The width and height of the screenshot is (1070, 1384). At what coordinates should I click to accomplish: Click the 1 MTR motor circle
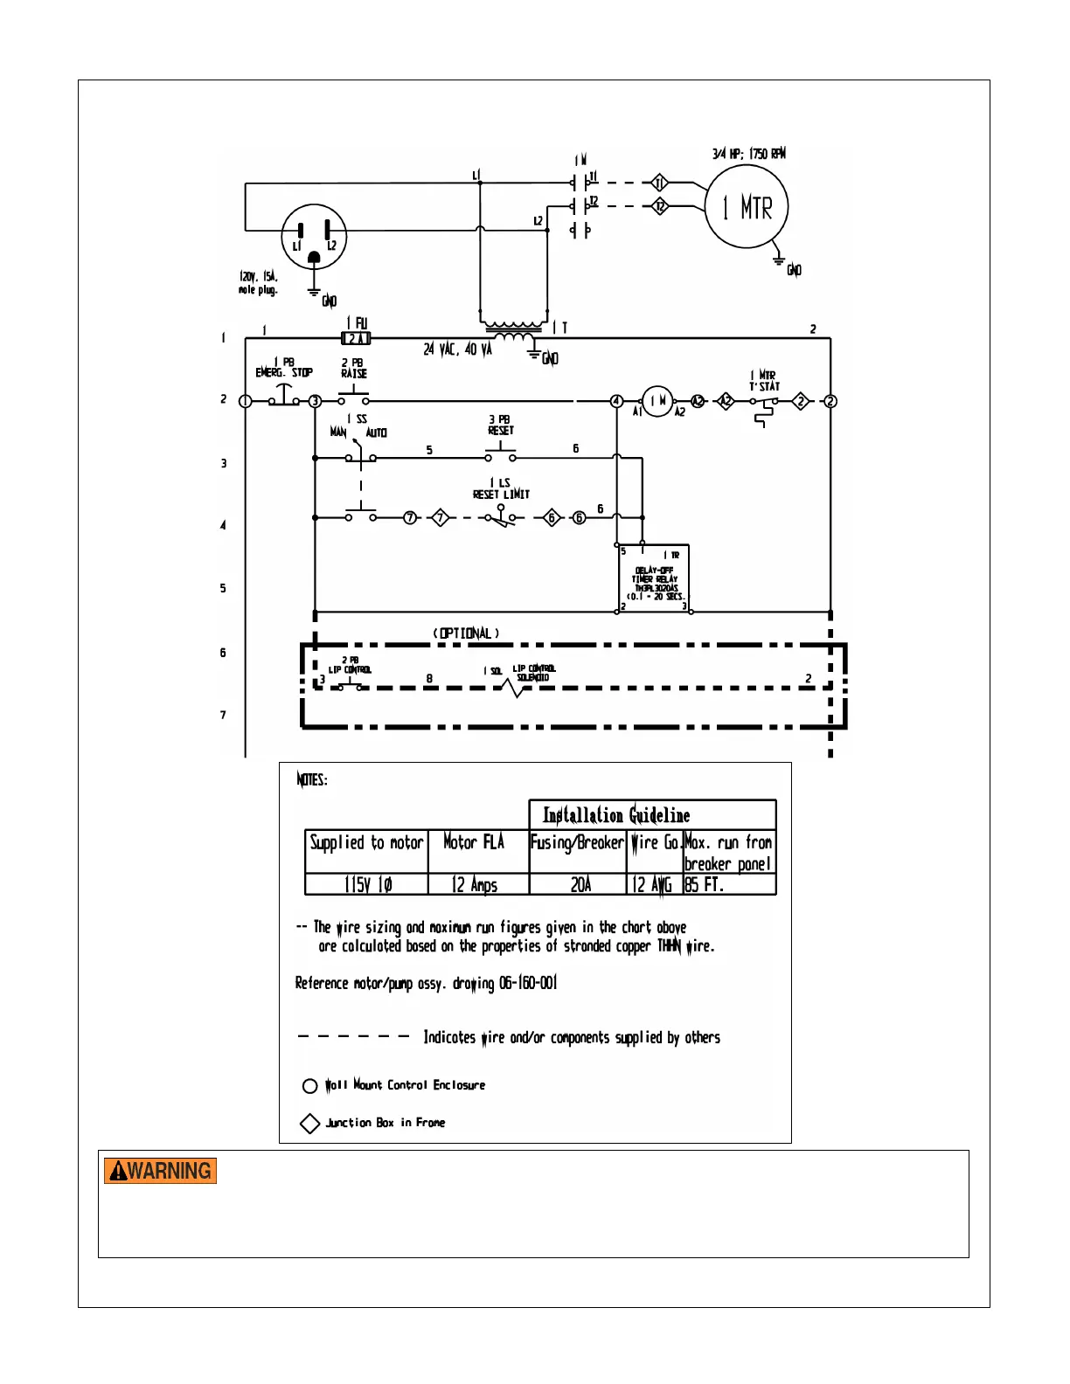point(746,207)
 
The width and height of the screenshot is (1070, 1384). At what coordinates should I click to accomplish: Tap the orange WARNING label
point(160,1171)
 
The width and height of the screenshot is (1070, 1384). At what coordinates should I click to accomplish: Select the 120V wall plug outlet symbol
point(314,238)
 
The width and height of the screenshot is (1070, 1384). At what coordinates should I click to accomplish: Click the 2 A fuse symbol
point(356,338)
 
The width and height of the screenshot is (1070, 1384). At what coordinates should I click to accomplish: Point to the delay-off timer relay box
point(654,578)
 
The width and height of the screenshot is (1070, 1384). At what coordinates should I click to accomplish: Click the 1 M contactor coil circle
point(657,401)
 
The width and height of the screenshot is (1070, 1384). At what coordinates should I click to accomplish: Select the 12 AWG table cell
point(653,884)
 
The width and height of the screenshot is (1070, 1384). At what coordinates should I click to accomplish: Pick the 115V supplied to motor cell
point(367,884)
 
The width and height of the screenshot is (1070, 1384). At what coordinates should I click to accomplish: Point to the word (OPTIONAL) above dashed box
point(466,633)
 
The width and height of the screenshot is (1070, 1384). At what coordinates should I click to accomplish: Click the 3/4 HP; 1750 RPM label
point(748,154)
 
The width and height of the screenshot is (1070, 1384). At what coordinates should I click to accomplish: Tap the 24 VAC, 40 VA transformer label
point(457,349)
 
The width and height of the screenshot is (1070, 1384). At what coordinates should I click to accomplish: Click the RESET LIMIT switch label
point(501,494)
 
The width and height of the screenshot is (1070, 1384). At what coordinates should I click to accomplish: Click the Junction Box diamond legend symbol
point(309,1123)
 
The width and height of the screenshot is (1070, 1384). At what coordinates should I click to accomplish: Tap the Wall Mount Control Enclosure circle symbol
point(309,1086)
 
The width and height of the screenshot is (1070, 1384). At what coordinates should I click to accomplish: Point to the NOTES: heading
point(312,779)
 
